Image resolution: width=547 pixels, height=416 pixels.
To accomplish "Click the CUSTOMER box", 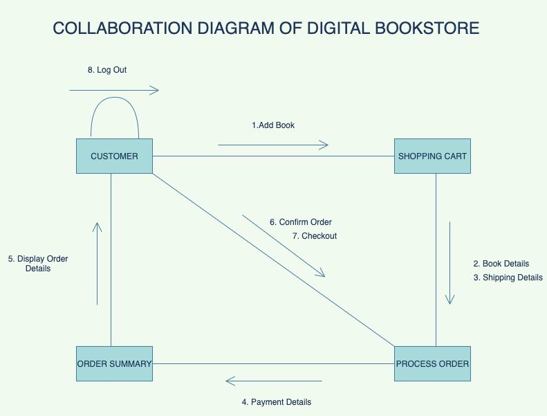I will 114,156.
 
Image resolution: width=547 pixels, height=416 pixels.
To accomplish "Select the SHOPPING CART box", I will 432,156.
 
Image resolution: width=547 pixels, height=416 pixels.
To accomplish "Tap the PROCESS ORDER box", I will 432,363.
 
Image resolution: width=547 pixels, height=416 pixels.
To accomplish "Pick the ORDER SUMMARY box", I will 114,363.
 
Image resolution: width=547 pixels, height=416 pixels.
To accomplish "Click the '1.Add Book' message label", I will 273,125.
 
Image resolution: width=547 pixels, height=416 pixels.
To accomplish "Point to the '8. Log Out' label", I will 107,70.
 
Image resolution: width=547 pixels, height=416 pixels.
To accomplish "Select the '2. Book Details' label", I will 501,264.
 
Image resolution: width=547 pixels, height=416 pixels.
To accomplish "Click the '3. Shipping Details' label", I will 508,278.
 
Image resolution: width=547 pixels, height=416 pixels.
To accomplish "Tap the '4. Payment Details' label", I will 277,402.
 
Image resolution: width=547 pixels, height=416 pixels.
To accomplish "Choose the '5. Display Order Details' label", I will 38,264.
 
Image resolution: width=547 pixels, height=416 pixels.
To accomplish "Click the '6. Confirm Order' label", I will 301,222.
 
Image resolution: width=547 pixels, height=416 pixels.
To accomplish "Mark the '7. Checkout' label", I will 315,236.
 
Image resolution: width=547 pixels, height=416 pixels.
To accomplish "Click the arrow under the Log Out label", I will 114,90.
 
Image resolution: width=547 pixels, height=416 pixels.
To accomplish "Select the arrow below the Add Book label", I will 273,145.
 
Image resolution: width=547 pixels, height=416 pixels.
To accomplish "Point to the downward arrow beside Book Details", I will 450,263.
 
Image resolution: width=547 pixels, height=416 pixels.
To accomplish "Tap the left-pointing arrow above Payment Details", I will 274,381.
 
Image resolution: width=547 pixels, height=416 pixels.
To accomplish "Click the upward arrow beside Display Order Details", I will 98,263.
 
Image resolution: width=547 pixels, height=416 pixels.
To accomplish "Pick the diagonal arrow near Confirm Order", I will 284,246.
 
